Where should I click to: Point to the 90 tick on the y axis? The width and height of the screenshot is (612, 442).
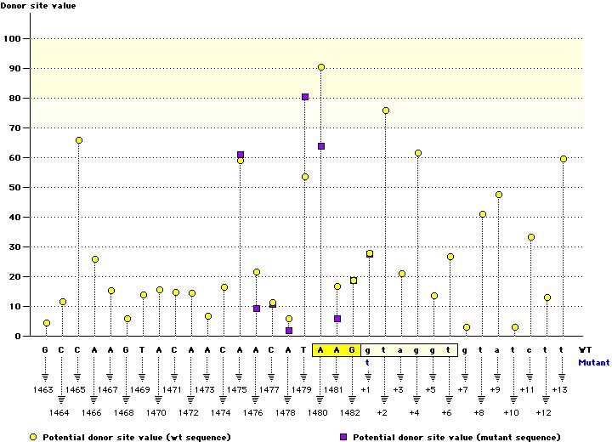pos(14,69)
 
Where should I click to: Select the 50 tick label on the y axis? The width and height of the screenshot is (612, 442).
pos(14,188)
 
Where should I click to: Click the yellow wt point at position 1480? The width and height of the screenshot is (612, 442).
pos(321,67)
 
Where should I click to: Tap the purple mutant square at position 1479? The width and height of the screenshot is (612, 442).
pos(305,97)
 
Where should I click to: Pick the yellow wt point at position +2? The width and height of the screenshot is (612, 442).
pos(386,110)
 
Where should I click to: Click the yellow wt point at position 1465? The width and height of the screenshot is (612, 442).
pos(79,140)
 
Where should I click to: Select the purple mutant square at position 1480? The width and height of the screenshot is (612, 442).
pos(321,146)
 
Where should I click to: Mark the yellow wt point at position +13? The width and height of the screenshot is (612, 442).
pos(564,159)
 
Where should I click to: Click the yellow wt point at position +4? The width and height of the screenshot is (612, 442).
pos(418,153)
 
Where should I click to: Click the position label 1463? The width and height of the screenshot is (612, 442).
pos(43,389)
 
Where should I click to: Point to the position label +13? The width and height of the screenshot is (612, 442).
pos(560,389)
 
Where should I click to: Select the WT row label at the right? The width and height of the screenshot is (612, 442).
pos(586,349)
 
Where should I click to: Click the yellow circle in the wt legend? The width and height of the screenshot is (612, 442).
pos(33,436)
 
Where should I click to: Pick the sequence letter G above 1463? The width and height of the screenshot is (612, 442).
pos(46,349)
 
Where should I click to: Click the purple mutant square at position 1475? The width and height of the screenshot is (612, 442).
pos(241,155)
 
